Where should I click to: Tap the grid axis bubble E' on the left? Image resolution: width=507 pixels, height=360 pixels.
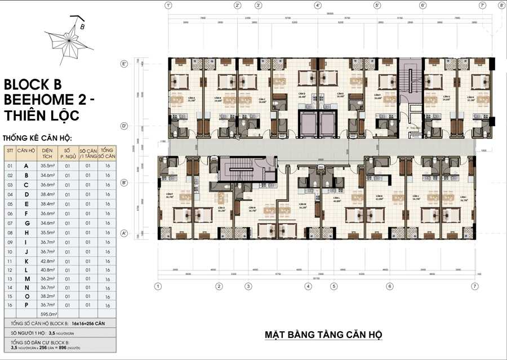[124, 64]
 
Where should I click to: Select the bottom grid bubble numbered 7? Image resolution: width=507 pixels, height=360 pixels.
[475, 286]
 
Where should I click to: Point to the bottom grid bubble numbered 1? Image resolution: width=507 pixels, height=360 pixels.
[158, 286]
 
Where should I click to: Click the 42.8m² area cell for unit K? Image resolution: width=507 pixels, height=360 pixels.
[47, 261]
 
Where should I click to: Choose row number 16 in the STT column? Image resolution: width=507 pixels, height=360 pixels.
[9, 304]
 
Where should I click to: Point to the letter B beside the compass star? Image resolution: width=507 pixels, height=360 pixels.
[82, 26]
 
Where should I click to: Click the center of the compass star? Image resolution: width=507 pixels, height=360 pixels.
[69, 41]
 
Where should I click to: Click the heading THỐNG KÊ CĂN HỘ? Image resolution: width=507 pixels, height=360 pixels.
[37, 138]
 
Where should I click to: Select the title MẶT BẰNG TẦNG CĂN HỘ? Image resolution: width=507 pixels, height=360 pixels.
[323, 335]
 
